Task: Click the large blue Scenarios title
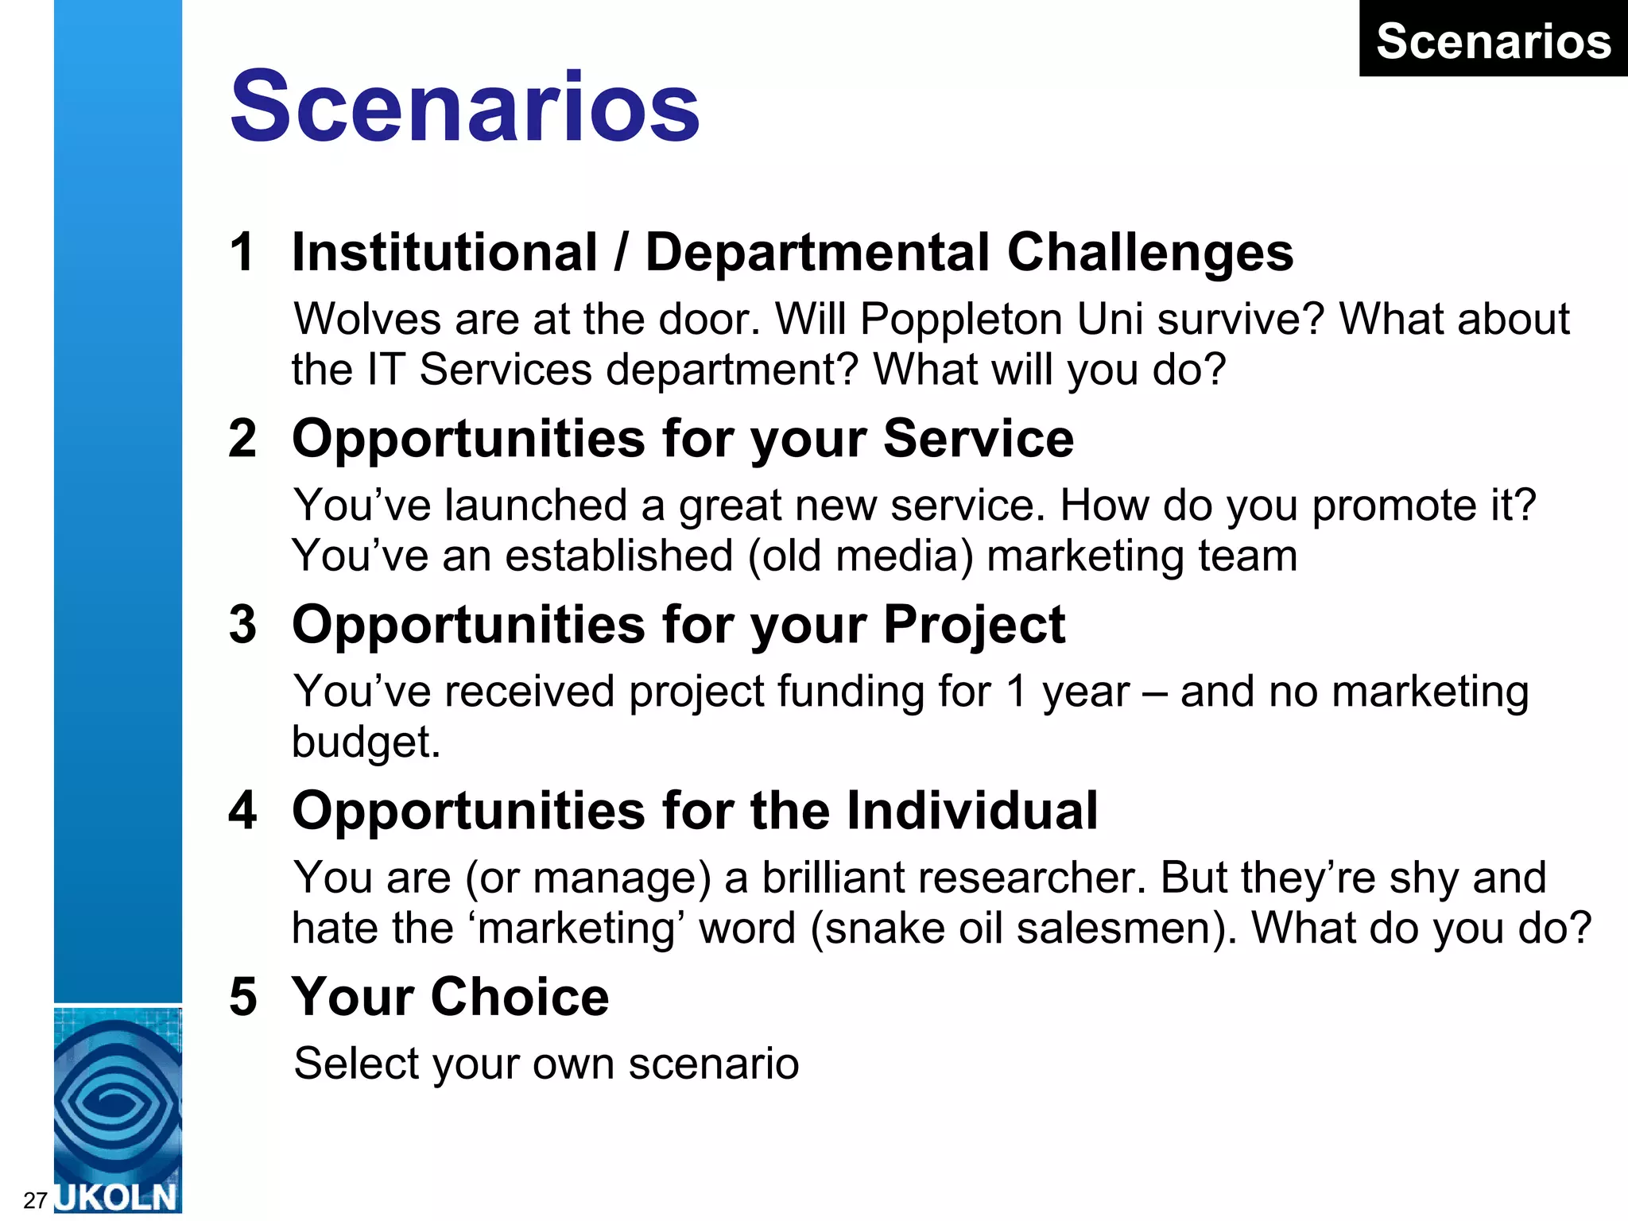pyautogui.click(x=465, y=107)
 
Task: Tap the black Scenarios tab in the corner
pyautogui.click(x=1493, y=41)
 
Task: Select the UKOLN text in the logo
pyautogui.click(x=118, y=1197)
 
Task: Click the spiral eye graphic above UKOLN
pyautogui.click(x=118, y=1101)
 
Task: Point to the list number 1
pyautogui.click(x=242, y=253)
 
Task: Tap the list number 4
pyautogui.click(x=242, y=811)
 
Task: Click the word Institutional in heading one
pyautogui.click(x=444, y=253)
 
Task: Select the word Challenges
pyautogui.click(x=1149, y=253)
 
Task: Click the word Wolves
pyautogui.click(x=367, y=320)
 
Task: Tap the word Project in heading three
pyautogui.click(x=974, y=625)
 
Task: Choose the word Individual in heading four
pyautogui.click(x=971, y=811)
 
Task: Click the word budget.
pyautogui.click(x=365, y=742)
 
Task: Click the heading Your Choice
pyautogui.click(x=450, y=997)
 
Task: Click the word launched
pyautogui.click(x=536, y=506)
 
